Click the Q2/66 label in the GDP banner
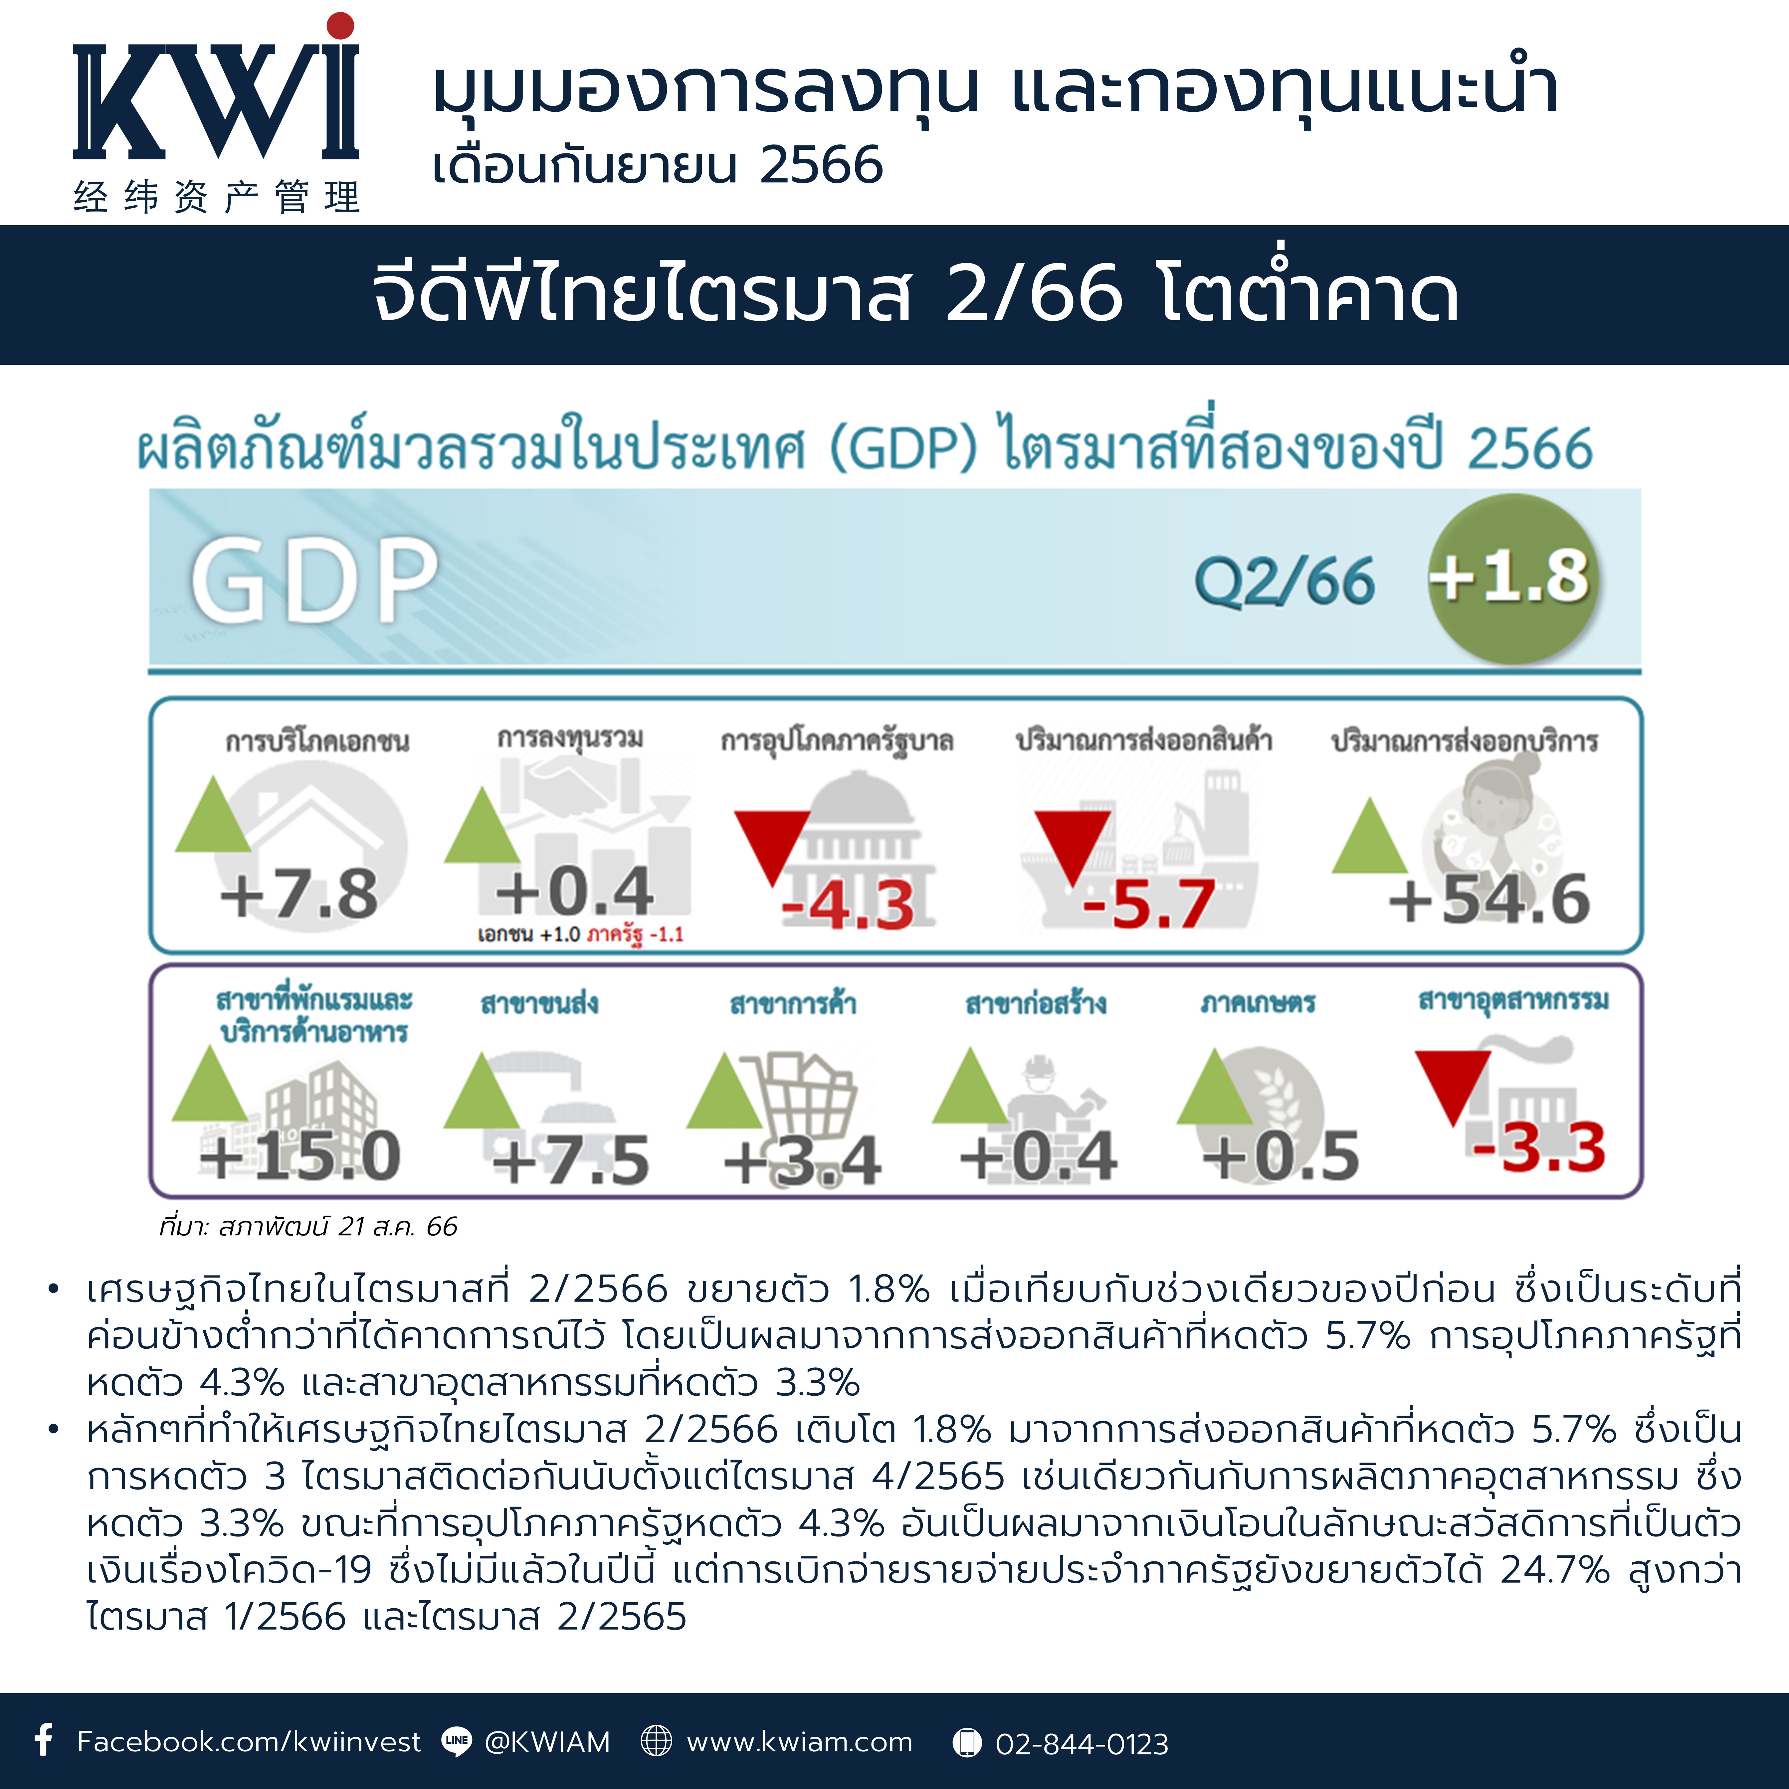pyautogui.click(x=1284, y=581)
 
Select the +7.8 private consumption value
pyautogui.click(x=299, y=894)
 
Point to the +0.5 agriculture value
pyautogui.click(x=1281, y=1156)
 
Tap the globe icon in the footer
pyautogui.click(x=656, y=1741)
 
